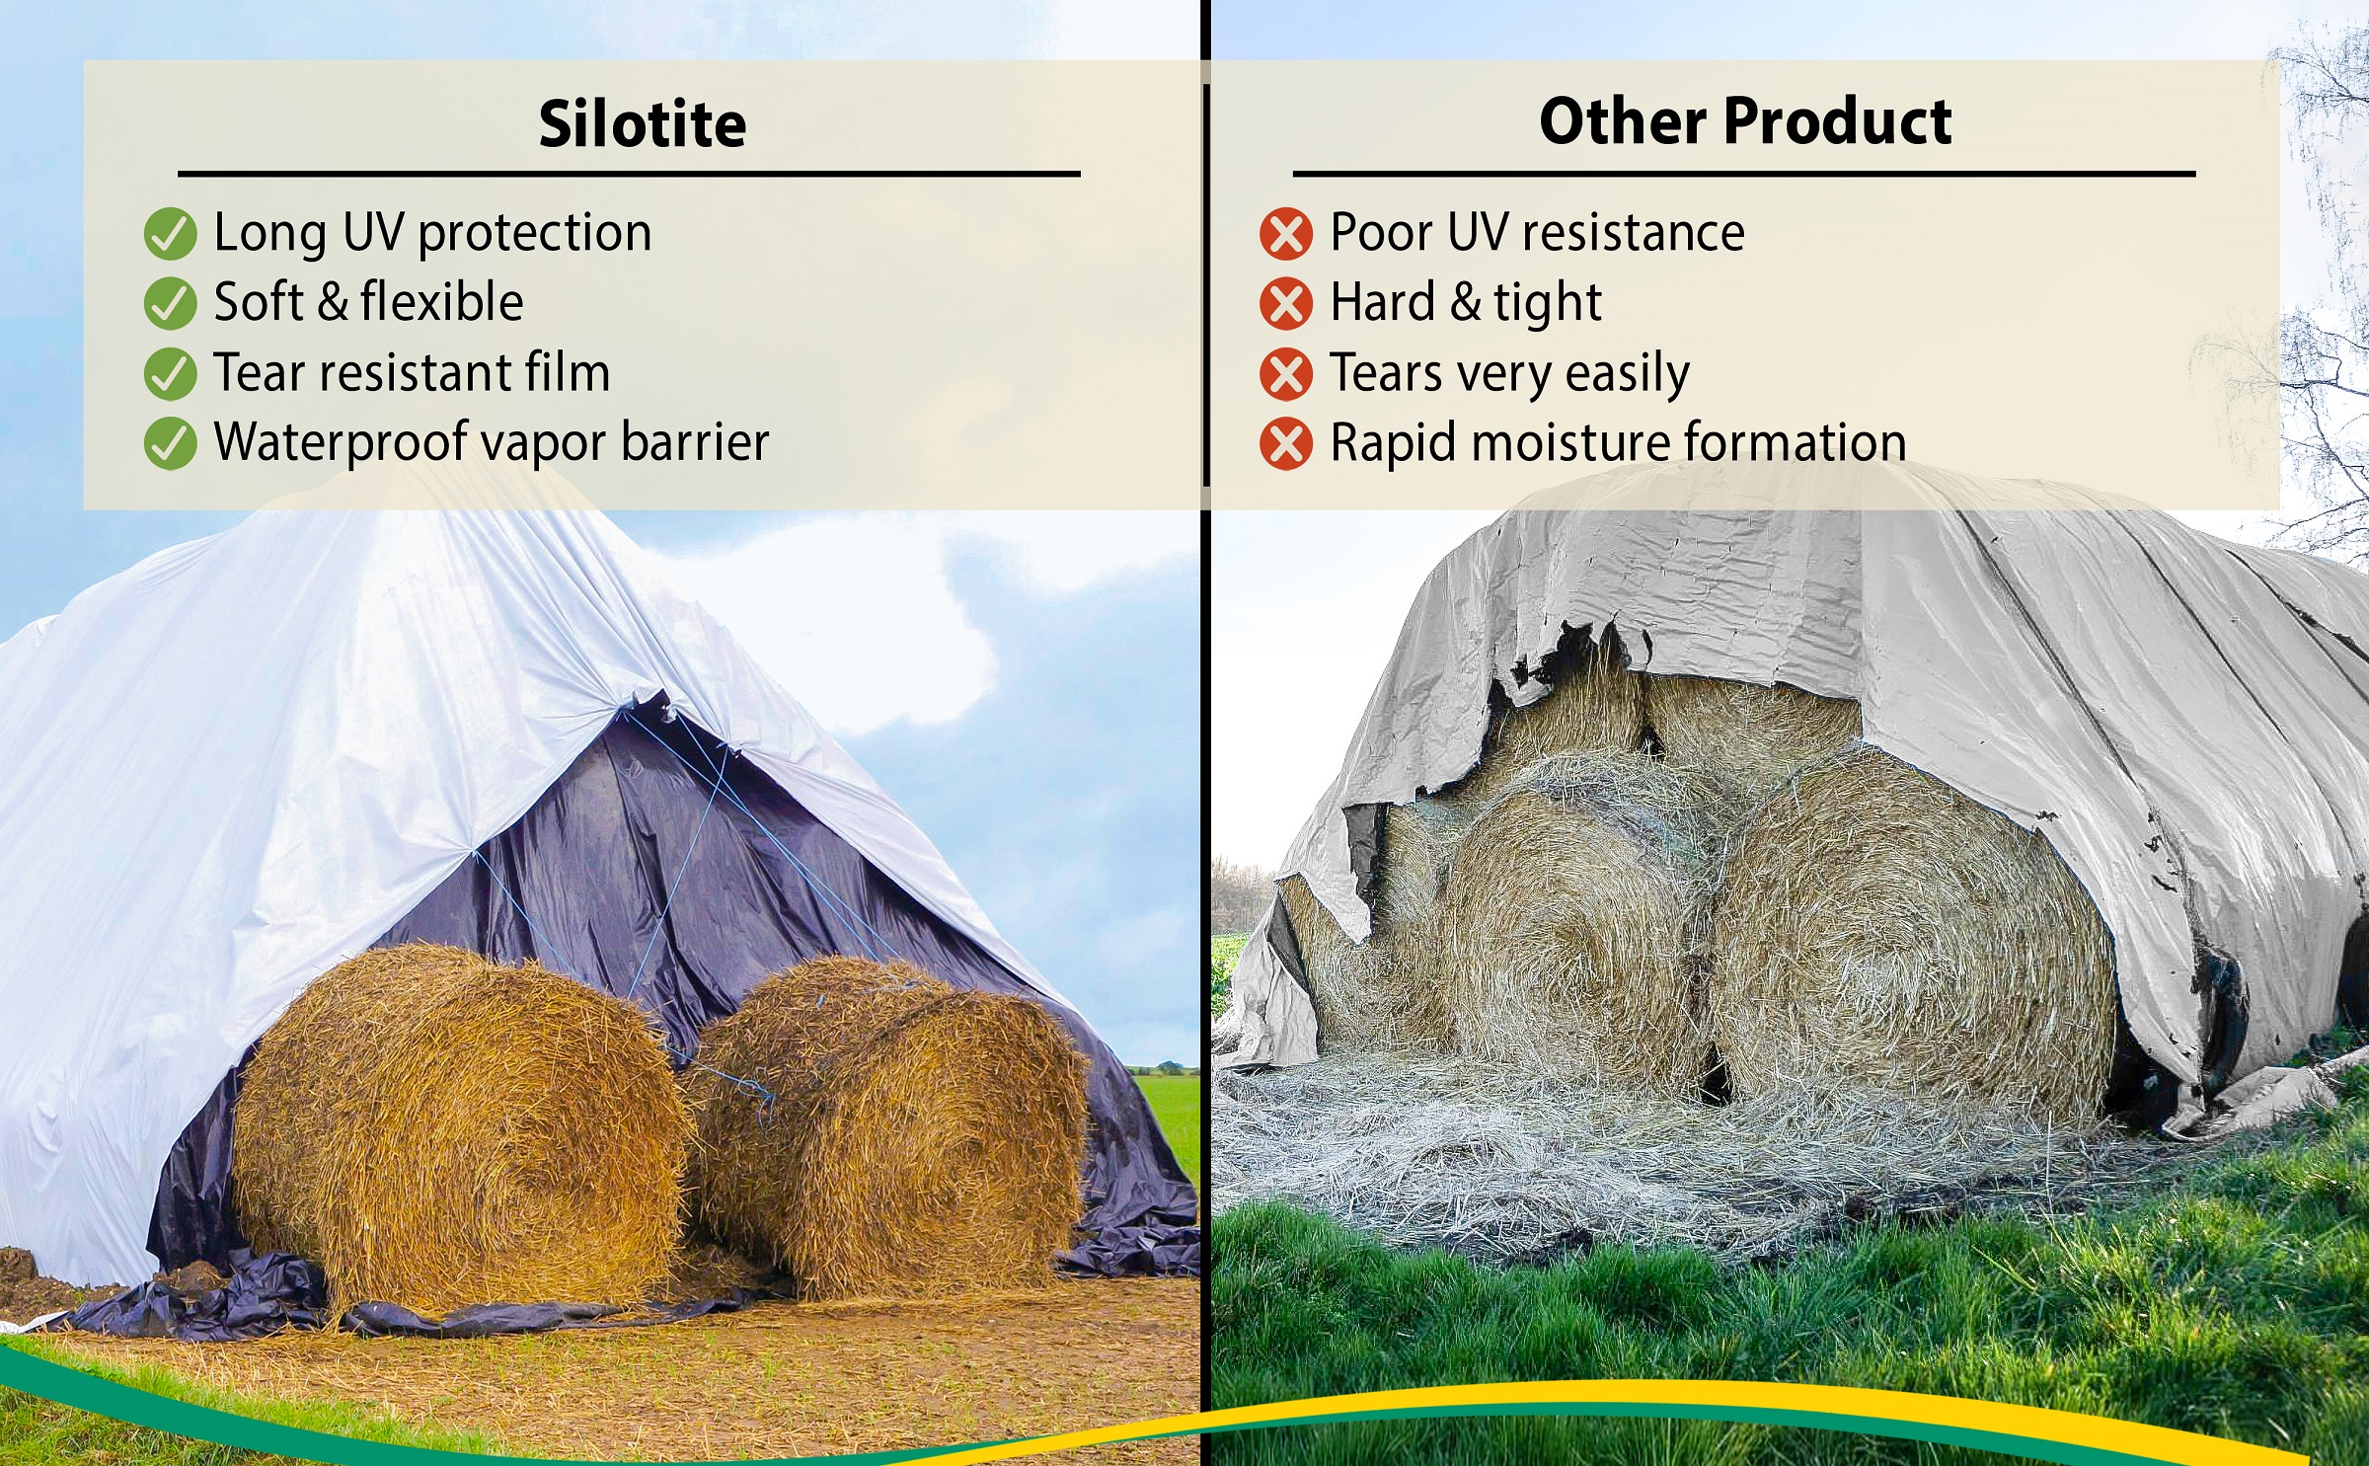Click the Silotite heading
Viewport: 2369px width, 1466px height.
tap(643, 124)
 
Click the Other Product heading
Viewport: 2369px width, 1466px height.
tap(1745, 121)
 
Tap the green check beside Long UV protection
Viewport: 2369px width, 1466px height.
tap(170, 234)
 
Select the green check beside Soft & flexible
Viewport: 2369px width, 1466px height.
tap(170, 303)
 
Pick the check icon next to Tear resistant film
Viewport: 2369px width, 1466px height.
tap(170, 374)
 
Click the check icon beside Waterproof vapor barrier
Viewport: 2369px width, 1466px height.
tap(170, 443)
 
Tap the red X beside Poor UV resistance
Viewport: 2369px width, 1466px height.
tap(1286, 234)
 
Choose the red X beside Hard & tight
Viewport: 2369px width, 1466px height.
tap(1286, 303)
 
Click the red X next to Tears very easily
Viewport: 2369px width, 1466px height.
tap(1286, 374)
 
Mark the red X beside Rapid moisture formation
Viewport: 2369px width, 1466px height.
tap(1286, 443)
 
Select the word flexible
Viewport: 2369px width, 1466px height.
tap(441, 301)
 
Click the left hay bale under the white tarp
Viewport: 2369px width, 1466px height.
tap(459, 1125)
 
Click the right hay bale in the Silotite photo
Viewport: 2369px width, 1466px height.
tap(888, 1125)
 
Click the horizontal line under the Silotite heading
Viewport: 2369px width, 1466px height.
tap(629, 174)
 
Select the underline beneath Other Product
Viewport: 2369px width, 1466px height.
tap(1744, 174)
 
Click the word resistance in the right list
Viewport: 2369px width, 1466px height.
tap(1634, 233)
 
